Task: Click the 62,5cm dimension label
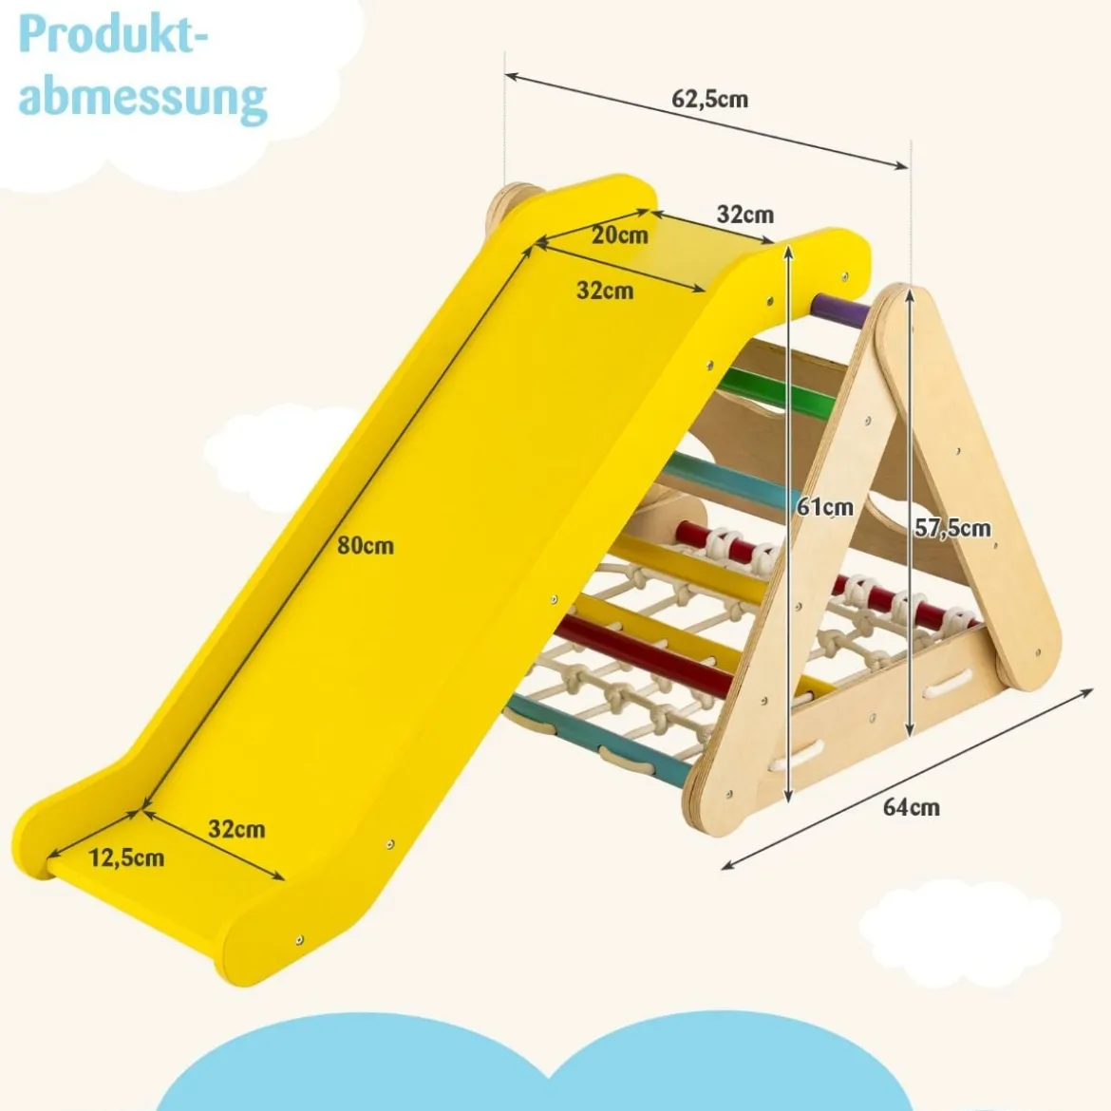coord(709,99)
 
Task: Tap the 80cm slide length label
coord(365,545)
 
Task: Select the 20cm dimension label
coord(620,235)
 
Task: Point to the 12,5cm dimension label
coord(126,857)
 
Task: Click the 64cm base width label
coord(912,806)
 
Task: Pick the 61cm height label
coord(825,507)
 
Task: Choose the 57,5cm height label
coord(952,528)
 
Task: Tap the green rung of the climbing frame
coord(776,392)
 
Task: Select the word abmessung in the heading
coord(142,98)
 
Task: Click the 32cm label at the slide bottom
coord(236,828)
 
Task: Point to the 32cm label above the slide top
coord(744,214)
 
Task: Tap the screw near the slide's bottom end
coord(300,939)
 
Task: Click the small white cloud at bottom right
coord(960,932)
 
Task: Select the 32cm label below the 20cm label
coord(605,290)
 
